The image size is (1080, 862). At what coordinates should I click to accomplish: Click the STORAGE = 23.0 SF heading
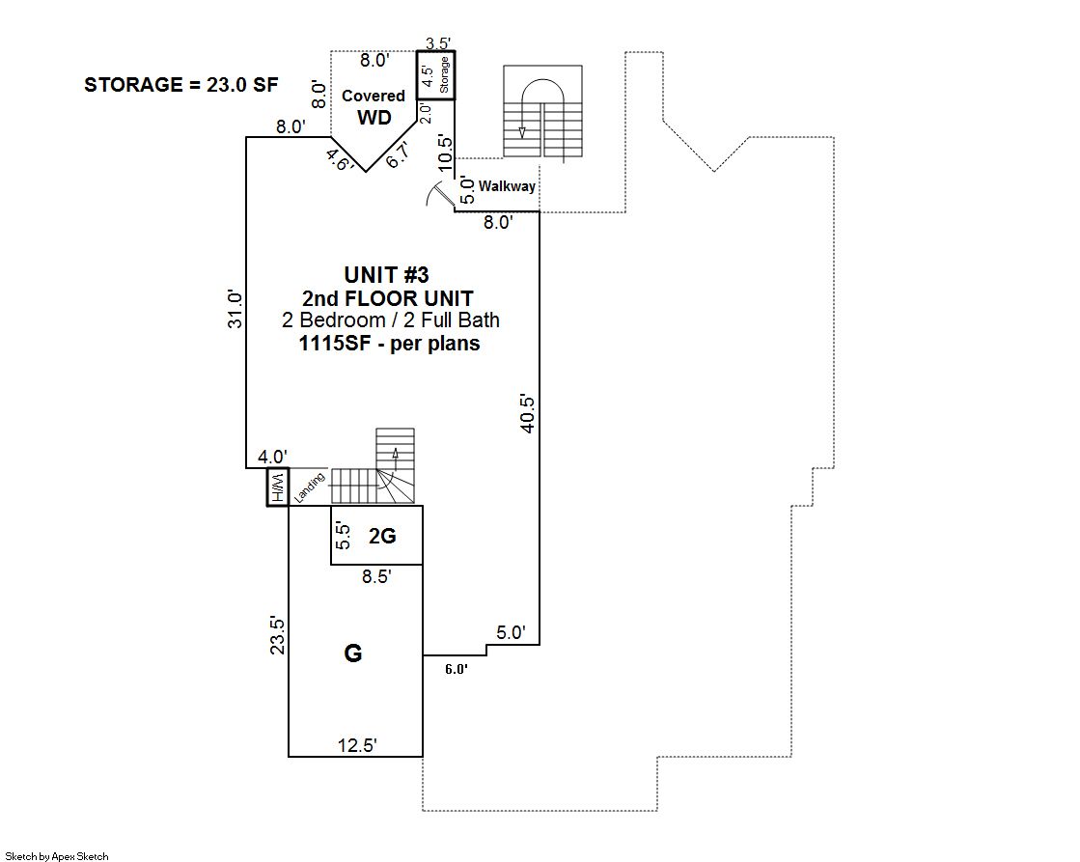pos(181,85)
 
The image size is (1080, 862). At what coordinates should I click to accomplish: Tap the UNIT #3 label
pos(386,275)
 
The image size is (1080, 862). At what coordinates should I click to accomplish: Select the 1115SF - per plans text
pos(389,343)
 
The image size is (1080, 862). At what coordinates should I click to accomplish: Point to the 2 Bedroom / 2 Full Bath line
pos(391,320)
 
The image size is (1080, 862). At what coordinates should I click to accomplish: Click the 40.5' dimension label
pos(527,413)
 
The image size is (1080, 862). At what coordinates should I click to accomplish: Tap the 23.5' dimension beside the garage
pos(277,634)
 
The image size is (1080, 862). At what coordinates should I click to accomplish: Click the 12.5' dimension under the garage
pos(357,745)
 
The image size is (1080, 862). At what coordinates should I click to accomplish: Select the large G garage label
pos(352,653)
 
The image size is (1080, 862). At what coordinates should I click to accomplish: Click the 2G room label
pos(382,536)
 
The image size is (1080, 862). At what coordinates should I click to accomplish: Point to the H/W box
pos(278,487)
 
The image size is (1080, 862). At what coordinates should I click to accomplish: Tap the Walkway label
pos(507,186)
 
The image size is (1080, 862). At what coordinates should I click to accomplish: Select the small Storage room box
pos(435,75)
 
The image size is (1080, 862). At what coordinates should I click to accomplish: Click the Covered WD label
pos(374,107)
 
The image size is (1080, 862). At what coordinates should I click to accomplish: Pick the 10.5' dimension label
pos(445,153)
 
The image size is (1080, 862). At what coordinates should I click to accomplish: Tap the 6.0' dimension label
pos(456,668)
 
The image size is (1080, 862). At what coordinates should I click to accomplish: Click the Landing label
pos(309,487)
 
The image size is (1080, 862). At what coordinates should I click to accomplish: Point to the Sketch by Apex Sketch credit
pos(57,856)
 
